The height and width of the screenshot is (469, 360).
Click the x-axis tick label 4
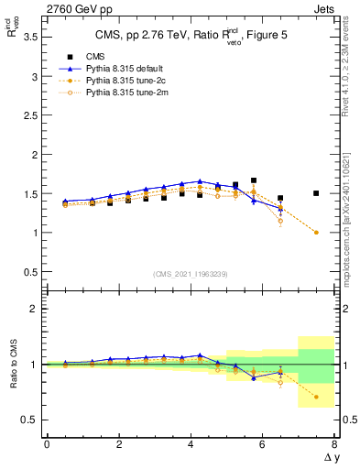(190, 443)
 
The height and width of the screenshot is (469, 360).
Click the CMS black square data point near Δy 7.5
(316, 193)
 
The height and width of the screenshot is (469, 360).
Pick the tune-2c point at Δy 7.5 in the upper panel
(316, 233)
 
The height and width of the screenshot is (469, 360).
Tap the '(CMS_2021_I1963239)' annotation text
(190, 275)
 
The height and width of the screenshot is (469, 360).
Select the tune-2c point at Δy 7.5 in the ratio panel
(316, 397)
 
